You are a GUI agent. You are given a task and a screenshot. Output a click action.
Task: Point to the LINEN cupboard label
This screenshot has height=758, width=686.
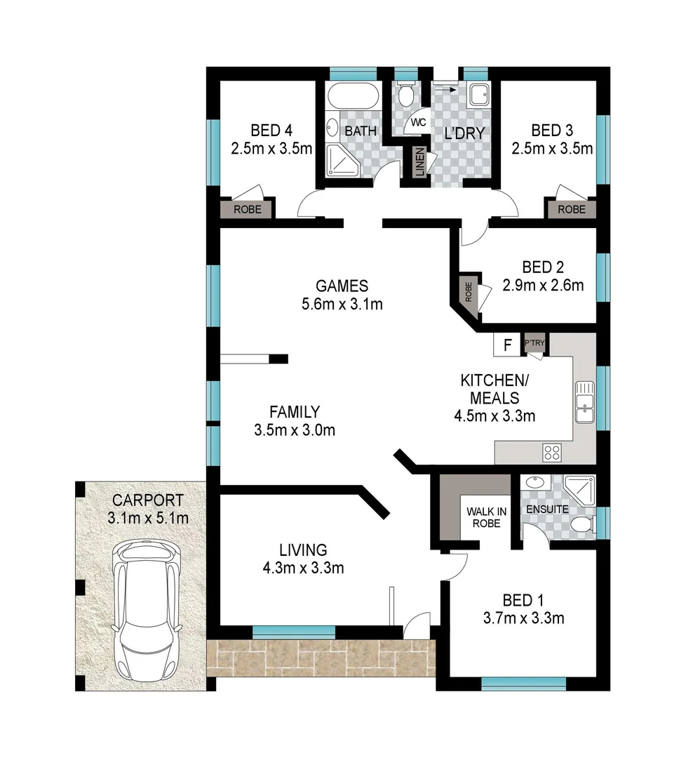(419, 164)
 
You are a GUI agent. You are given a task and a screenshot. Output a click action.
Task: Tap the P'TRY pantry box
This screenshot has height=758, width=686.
(534, 343)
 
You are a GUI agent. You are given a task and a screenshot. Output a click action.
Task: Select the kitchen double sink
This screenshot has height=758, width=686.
(584, 403)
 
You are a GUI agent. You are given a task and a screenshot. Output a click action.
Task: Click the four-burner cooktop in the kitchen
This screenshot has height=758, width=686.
(553, 452)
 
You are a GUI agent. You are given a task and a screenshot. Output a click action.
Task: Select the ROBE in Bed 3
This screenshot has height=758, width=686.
(572, 208)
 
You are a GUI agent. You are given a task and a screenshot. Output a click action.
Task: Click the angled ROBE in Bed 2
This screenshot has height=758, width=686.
(468, 291)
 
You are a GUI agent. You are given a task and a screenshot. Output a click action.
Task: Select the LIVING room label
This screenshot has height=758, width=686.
(302, 550)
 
